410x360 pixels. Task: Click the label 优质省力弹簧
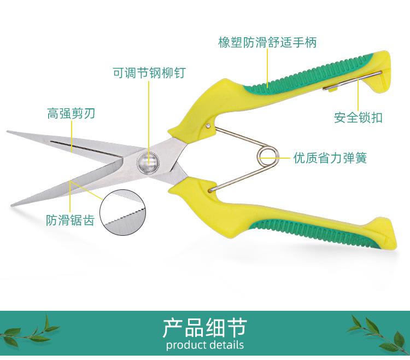pyautogui.click(x=329, y=159)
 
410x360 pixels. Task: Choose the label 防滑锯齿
pyautogui.click(x=70, y=220)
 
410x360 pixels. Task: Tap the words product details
pyautogui.click(x=204, y=345)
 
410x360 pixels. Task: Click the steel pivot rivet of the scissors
pyautogui.click(x=148, y=161)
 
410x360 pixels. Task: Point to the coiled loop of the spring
pyautogui.click(x=267, y=155)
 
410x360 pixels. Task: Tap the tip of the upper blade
pyautogui.click(x=8, y=132)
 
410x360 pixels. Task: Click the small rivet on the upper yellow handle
pyautogui.click(x=210, y=126)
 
